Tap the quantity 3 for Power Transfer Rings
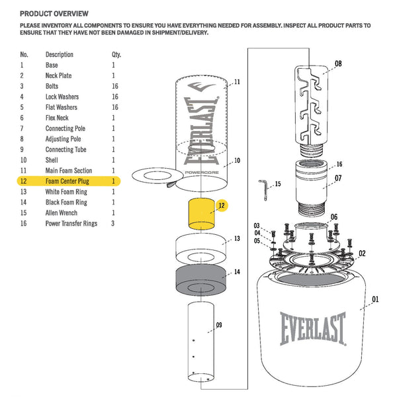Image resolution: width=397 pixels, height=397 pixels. (113, 224)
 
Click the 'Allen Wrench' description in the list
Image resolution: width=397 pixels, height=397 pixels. (62, 213)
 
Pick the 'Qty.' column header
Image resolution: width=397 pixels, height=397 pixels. (116, 54)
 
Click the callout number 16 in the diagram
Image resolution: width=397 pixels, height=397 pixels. (339, 165)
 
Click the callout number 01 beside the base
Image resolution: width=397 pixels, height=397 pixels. (375, 300)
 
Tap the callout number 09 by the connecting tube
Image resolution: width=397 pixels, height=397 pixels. (218, 325)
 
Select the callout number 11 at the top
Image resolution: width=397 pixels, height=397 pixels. (236, 82)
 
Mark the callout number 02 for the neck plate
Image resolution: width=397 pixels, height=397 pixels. (362, 253)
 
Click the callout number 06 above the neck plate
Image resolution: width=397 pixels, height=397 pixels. (334, 216)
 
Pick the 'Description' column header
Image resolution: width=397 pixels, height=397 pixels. (60, 54)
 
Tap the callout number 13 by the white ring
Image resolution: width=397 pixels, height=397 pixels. (236, 239)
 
